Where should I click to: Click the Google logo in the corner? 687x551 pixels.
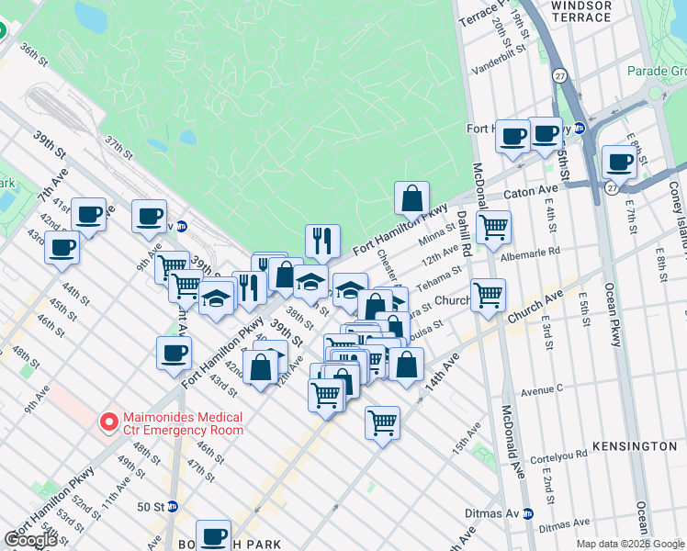(30, 540)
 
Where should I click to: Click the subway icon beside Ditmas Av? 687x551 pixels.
(527, 514)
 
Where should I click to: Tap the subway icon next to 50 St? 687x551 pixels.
(172, 506)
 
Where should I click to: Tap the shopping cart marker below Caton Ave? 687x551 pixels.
(494, 227)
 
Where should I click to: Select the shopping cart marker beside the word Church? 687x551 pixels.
(488, 296)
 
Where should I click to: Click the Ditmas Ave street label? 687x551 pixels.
(564, 527)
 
